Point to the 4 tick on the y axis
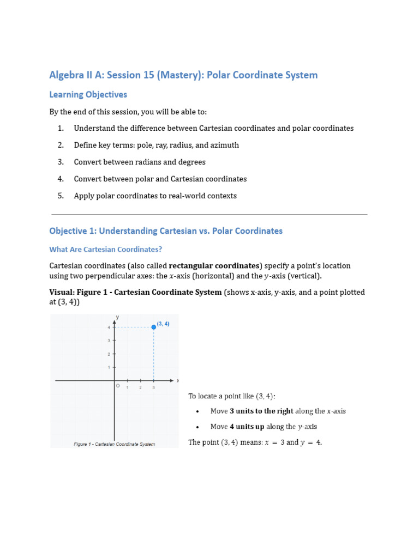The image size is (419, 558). (109, 327)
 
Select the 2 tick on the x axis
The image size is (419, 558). (140, 387)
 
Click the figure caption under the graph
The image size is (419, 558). (115, 444)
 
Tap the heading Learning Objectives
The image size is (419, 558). (88, 94)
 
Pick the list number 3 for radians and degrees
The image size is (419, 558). (61, 162)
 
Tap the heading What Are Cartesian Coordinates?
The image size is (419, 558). (106, 250)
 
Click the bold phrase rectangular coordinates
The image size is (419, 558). (214, 266)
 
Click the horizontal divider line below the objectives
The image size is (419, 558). (209, 214)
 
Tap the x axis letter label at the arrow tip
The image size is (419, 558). (178, 380)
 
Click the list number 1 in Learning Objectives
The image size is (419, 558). (61, 128)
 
